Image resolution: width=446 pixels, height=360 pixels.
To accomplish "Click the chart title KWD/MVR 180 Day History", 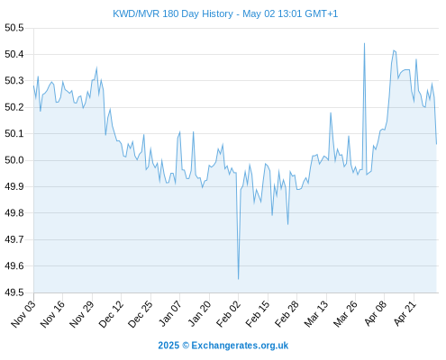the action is (x=173, y=13).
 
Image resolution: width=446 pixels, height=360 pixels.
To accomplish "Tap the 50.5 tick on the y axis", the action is (x=14, y=28).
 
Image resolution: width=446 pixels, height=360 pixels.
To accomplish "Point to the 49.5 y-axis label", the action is (x=14, y=292).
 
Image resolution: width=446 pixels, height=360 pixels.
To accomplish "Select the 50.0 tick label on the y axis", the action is (x=14, y=160).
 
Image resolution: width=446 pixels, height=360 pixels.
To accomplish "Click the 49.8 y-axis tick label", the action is (x=14, y=213).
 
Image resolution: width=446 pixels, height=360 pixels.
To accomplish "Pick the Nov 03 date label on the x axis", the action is (x=23, y=314).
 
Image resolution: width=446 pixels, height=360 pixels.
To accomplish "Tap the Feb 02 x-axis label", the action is (x=228, y=314).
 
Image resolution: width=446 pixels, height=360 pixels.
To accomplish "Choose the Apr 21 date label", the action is (x=405, y=314).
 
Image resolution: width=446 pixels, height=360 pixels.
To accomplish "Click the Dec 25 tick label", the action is (x=141, y=314).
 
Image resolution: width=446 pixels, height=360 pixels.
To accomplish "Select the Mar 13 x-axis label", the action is (x=316, y=314).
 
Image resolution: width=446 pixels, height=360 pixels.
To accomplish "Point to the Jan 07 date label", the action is (x=169, y=314).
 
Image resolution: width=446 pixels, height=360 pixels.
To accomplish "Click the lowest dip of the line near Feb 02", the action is (x=238, y=279).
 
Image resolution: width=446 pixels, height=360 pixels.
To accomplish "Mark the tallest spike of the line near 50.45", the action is (x=364, y=43).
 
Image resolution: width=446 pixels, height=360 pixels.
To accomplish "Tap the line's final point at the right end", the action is (x=436, y=144).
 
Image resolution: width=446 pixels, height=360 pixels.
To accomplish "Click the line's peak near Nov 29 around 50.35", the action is (x=96, y=67).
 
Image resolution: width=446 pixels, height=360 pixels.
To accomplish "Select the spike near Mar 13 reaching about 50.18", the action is (x=331, y=112).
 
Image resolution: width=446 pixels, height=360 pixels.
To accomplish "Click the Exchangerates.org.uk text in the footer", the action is (x=240, y=346).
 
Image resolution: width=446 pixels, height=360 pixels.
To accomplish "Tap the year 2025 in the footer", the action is (x=168, y=346).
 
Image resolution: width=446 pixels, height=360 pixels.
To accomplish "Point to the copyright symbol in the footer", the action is (x=186, y=346).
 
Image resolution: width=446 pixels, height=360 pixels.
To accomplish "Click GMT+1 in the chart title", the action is (x=322, y=13).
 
